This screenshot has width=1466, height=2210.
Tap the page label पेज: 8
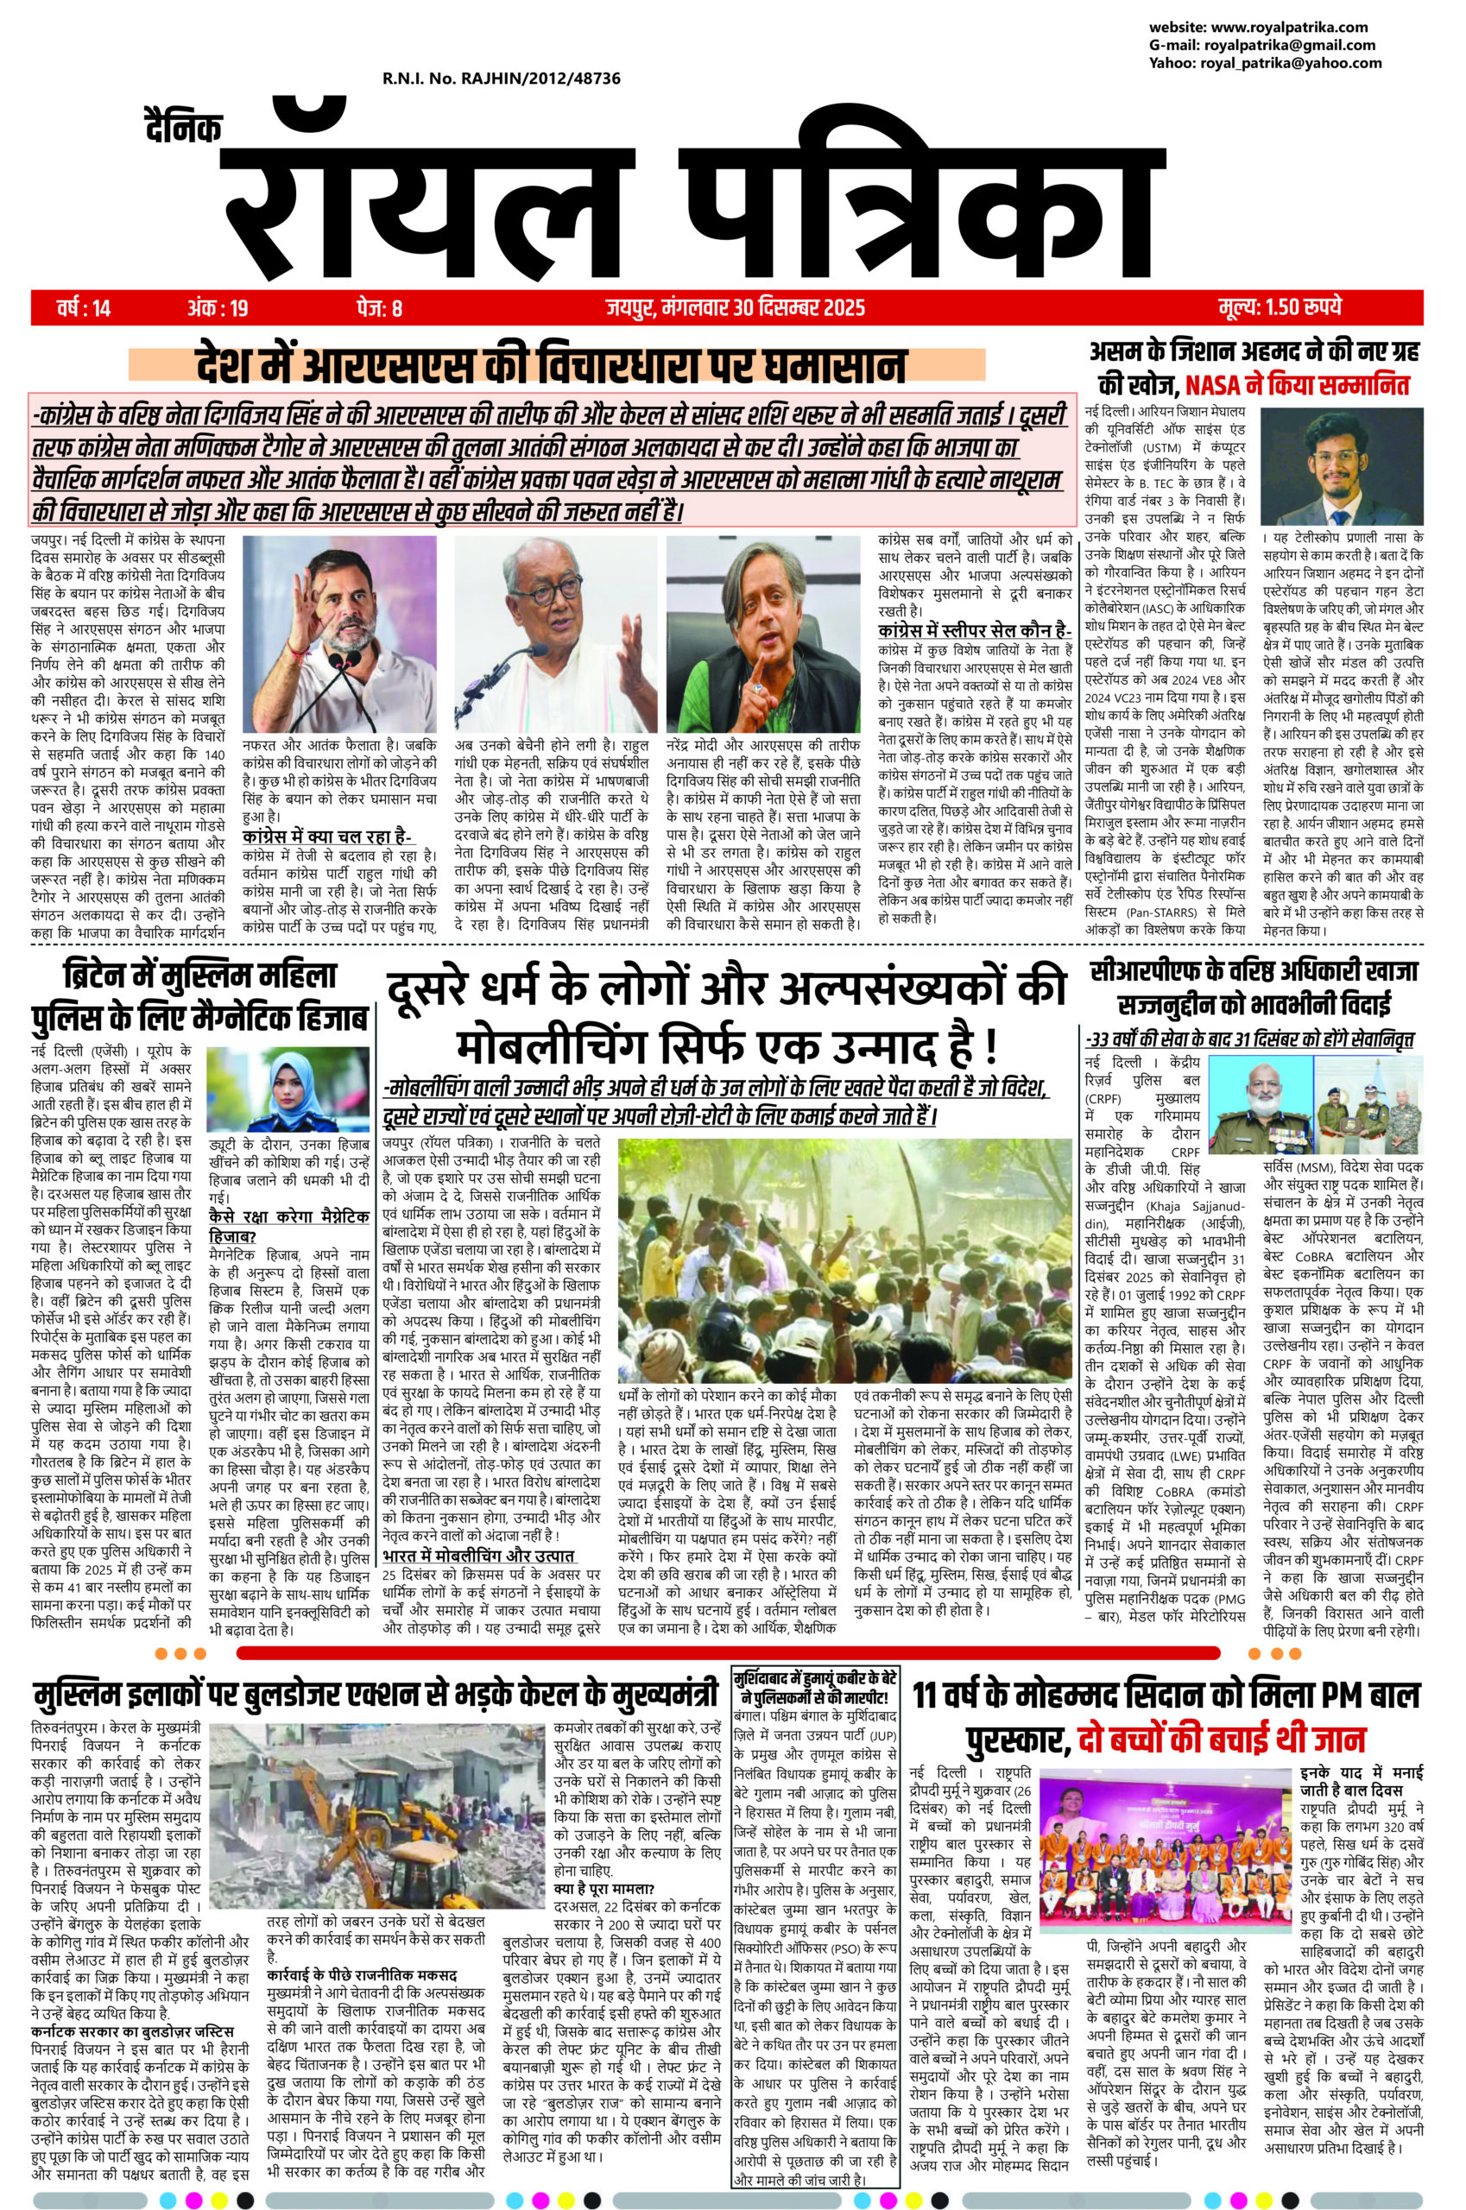point(377,306)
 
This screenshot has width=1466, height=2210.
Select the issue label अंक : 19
point(217,306)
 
